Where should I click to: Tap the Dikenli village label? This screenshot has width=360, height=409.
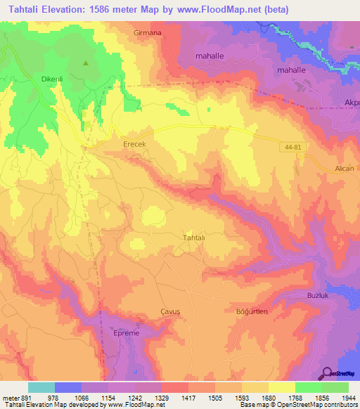(34, 79)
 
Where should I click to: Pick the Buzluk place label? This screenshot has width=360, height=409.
(318, 294)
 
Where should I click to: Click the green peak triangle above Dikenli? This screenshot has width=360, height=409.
(86, 63)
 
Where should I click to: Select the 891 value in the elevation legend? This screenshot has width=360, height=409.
(27, 397)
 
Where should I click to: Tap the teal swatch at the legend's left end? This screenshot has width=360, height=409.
(41, 387)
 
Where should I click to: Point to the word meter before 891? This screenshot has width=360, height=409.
(10, 397)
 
